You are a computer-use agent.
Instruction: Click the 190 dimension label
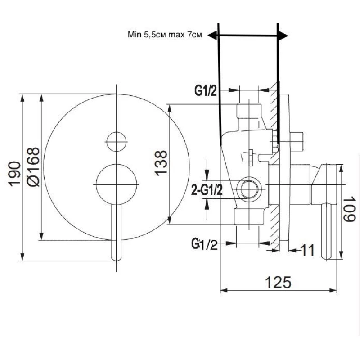[14, 174]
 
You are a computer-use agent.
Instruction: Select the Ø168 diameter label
[33, 166]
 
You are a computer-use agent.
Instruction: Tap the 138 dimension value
[161, 163]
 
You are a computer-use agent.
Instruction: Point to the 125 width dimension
[278, 282]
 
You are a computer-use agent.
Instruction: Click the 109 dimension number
[349, 209]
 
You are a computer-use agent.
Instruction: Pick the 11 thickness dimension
[307, 250]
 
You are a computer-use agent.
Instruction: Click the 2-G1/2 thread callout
[207, 190]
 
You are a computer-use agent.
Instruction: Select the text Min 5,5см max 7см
[165, 35]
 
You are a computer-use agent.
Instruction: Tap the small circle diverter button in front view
[117, 142]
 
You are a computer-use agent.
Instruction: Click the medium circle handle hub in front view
[117, 184]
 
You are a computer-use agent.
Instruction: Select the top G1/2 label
[206, 91]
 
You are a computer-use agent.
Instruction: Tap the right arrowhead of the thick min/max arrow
[283, 36]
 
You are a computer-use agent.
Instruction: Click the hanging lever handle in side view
[326, 231]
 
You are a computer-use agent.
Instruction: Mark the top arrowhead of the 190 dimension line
[22, 98]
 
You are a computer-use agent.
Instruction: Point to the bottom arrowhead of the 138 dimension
[170, 220]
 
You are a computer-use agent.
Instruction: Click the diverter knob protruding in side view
[297, 141]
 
